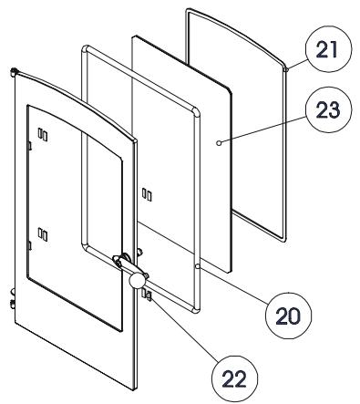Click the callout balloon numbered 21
point(328,49)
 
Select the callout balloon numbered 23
point(328,109)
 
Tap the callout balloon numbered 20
point(289,316)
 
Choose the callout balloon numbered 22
point(234,378)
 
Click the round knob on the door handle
point(137,280)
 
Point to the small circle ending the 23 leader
point(219,142)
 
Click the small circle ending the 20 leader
point(198,266)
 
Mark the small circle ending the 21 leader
point(286,70)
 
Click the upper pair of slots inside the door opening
point(43,134)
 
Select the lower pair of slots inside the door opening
point(43,234)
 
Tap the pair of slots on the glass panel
point(147,194)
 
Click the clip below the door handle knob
point(147,295)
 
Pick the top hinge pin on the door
point(14,72)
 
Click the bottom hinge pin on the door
point(13,304)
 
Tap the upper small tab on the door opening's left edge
point(29,146)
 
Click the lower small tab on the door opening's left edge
point(29,245)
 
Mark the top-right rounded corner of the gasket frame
point(197,112)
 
